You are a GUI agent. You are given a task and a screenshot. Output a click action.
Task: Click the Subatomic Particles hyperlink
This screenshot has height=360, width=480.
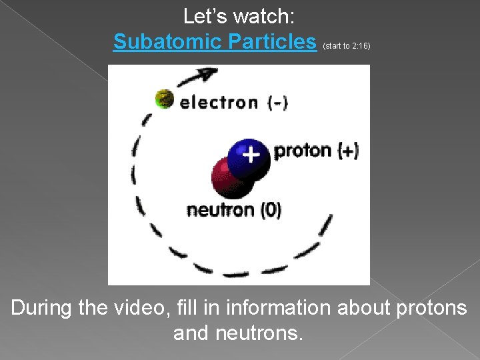point(215,42)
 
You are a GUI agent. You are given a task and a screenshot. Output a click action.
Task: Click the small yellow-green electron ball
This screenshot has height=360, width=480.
point(164,99)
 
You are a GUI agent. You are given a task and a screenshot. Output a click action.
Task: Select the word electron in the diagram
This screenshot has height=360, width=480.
point(219,103)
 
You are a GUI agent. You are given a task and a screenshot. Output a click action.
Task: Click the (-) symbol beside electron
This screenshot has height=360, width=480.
point(277,103)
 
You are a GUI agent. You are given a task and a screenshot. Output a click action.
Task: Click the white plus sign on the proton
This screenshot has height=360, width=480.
point(250,155)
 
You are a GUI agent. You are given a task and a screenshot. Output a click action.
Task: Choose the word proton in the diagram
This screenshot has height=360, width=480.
point(303,151)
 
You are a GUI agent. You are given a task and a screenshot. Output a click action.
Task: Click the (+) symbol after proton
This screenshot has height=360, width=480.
point(348,151)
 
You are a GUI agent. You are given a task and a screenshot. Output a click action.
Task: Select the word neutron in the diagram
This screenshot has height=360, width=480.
point(220,211)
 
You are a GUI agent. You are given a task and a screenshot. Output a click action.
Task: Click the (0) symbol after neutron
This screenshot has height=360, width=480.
point(271,211)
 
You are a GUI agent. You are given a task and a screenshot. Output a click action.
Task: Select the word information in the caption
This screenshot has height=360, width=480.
point(277,308)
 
